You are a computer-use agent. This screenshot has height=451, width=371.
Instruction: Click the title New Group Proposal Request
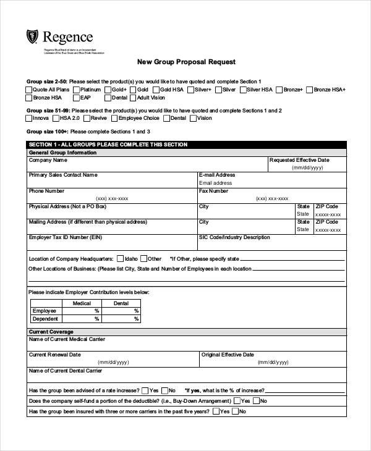[185, 62]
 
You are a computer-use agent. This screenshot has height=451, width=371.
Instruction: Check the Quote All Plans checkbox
[29, 90]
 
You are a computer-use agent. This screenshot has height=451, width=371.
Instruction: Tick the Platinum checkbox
[75, 90]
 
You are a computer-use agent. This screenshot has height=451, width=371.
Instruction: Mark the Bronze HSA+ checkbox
[309, 90]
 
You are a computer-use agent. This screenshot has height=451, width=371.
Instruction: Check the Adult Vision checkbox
[133, 98]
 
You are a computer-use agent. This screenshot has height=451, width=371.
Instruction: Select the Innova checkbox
[29, 118]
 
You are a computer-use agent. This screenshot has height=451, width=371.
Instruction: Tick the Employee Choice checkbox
[114, 118]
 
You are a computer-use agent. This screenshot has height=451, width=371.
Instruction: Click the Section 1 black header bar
[185, 145]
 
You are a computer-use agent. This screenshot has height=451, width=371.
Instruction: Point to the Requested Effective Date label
[299, 160]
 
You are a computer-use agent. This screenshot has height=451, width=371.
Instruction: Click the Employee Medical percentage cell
[81, 311]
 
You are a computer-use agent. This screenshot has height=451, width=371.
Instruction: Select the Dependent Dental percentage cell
[121, 319]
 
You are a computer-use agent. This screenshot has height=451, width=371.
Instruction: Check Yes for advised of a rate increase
[145, 390]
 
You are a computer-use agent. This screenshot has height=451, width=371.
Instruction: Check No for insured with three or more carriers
[236, 411]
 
